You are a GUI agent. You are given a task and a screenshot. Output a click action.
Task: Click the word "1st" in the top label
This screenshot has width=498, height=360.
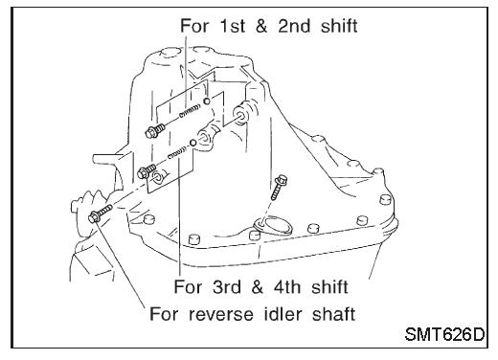pos(232,26)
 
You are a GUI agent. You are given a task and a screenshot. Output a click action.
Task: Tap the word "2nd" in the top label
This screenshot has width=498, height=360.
pos(294,26)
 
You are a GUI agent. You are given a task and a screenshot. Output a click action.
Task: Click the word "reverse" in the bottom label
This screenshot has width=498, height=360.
pos(221,314)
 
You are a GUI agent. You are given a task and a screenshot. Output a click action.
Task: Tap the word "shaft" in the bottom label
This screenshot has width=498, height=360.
pos(334,314)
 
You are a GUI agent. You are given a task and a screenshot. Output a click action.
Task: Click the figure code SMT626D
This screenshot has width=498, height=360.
pos(444,334)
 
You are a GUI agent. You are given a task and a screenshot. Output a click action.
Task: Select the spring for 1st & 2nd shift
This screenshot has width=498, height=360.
pos(190,111)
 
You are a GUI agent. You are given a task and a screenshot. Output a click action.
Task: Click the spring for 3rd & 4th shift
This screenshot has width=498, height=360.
pos(177,152)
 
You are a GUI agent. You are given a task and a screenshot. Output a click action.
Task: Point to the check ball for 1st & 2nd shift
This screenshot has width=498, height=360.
pos(207,101)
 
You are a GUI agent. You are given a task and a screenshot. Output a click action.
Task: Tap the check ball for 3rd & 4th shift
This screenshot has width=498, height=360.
pos(192,143)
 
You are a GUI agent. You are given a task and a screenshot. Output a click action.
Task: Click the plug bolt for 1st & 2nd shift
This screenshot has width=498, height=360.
pos(155,130)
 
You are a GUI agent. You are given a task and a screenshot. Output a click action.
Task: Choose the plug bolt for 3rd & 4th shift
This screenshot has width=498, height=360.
pos(147,170)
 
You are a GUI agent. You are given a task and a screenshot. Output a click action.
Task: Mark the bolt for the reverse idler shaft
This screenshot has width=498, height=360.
pos(101,214)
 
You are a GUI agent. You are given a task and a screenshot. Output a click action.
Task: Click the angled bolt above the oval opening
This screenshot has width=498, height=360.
pos(278,187)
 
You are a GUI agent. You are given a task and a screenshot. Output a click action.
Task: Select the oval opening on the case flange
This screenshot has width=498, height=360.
pos(275,226)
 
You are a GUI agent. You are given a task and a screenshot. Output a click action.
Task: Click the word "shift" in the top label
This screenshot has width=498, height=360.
pos(339,26)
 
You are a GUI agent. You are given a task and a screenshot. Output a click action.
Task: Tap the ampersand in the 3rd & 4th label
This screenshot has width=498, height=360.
pos(258,286)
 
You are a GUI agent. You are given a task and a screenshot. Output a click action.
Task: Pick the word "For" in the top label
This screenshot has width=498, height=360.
pos(194,26)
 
